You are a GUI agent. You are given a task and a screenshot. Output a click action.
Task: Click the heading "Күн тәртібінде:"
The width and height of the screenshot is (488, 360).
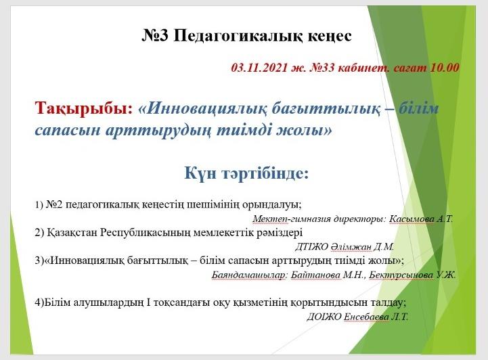point(246,174)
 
